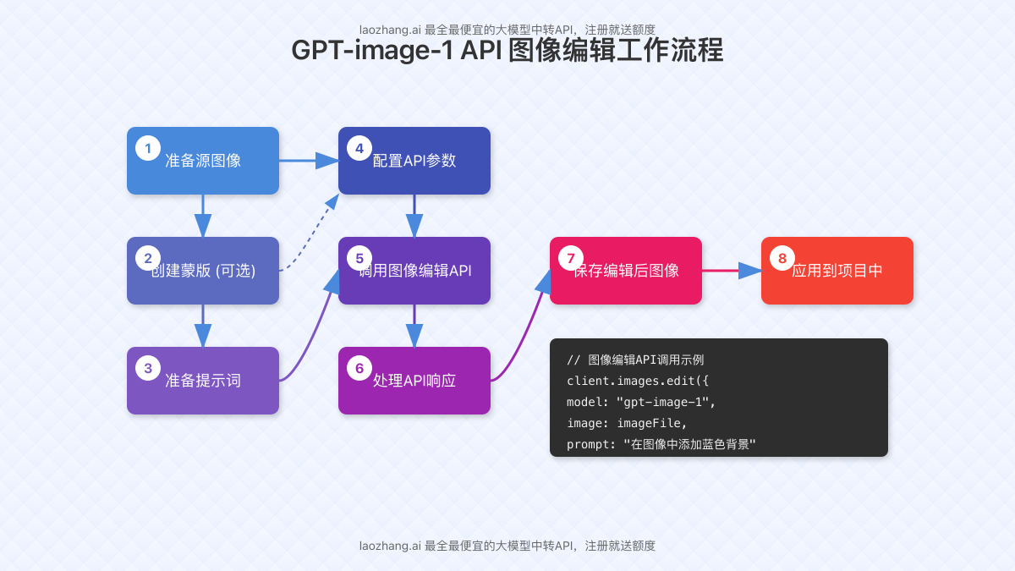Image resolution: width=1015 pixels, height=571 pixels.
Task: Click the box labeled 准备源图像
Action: tap(203, 161)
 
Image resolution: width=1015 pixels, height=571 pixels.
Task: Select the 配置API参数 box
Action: tap(414, 161)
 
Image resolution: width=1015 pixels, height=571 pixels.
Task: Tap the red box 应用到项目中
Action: tap(837, 271)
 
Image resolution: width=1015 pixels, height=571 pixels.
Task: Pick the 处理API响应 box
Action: tap(414, 381)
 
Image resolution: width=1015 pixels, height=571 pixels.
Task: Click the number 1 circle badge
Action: tap(148, 149)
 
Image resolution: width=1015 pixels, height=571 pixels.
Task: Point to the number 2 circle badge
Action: tap(148, 259)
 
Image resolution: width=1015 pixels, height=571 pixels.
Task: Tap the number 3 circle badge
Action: tap(148, 369)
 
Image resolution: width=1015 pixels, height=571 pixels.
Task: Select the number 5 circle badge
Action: tap(359, 259)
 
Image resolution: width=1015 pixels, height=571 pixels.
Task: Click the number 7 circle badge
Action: tap(571, 259)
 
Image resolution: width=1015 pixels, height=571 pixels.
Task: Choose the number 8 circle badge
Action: tap(782, 259)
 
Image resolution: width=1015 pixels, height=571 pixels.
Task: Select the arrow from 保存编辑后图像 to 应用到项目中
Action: tap(732, 271)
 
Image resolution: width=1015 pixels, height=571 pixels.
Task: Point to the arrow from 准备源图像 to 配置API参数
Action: tap(309, 160)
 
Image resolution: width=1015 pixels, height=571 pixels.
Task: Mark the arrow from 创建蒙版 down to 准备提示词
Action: tap(203, 326)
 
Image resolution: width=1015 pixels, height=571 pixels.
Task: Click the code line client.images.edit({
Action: tap(638, 381)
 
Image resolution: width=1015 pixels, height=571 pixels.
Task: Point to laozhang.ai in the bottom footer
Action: tap(390, 546)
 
